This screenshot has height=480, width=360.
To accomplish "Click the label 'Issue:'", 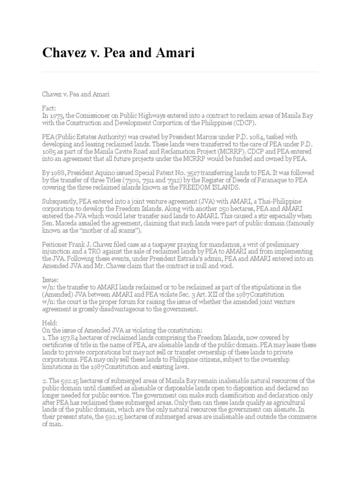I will point(50,279).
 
